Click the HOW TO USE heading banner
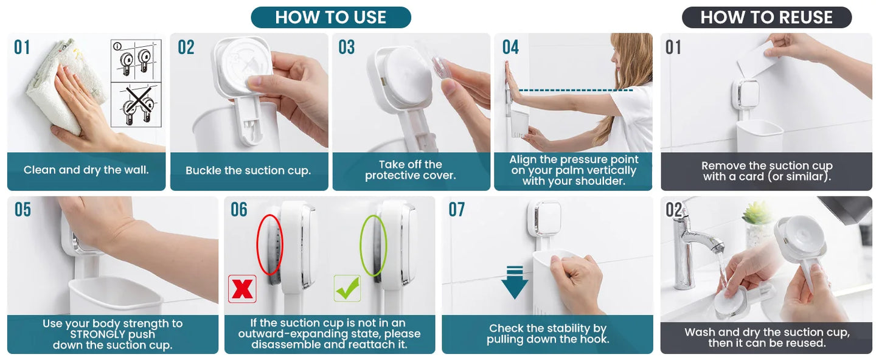point(331,17)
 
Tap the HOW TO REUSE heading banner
point(767,17)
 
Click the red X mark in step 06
point(242,289)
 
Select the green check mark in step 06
point(347,288)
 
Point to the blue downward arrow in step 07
point(515,282)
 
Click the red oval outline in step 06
point(257,243)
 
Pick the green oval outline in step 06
point(361,245)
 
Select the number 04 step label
point(510,47)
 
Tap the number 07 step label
point(457,209)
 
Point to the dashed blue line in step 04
point(575,90)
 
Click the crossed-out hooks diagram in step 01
point(136,105)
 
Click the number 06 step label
point(239,209)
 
